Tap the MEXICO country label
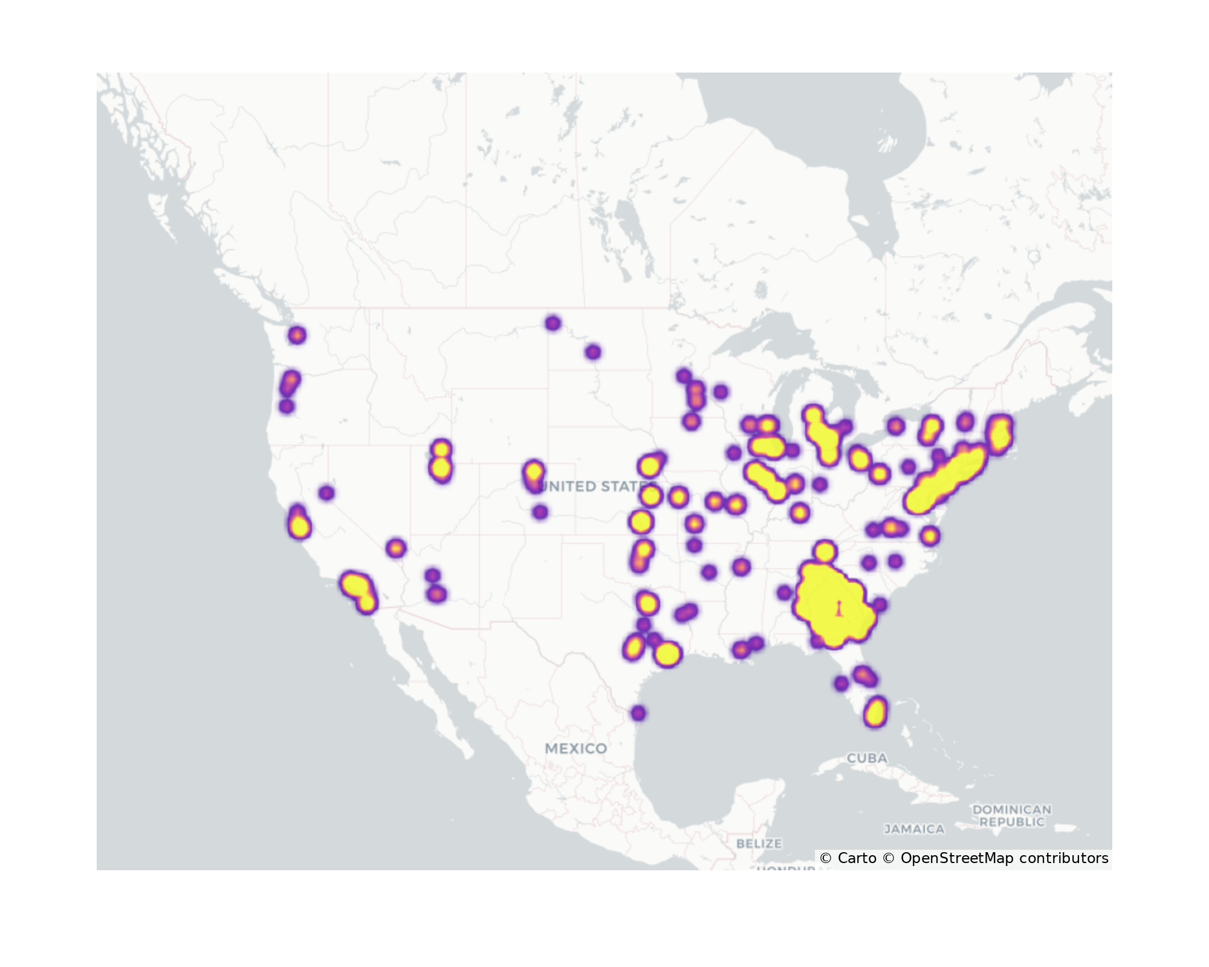pos(575,748)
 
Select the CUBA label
pos(867,758)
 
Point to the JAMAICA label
pos(914,829)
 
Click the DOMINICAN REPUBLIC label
pos(1012,815)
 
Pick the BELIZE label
pos(759,843)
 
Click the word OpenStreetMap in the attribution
pos(956,858)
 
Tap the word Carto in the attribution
pos(857,858)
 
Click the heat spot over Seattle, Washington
pos(297,335)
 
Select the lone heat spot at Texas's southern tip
pos(638,713)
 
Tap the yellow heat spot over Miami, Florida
pos(875,712)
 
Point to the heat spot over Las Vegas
pos(395,548)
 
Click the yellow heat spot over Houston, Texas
pos(667,654)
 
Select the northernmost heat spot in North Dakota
pos(553,323)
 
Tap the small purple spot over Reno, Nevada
pos(326,493)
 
